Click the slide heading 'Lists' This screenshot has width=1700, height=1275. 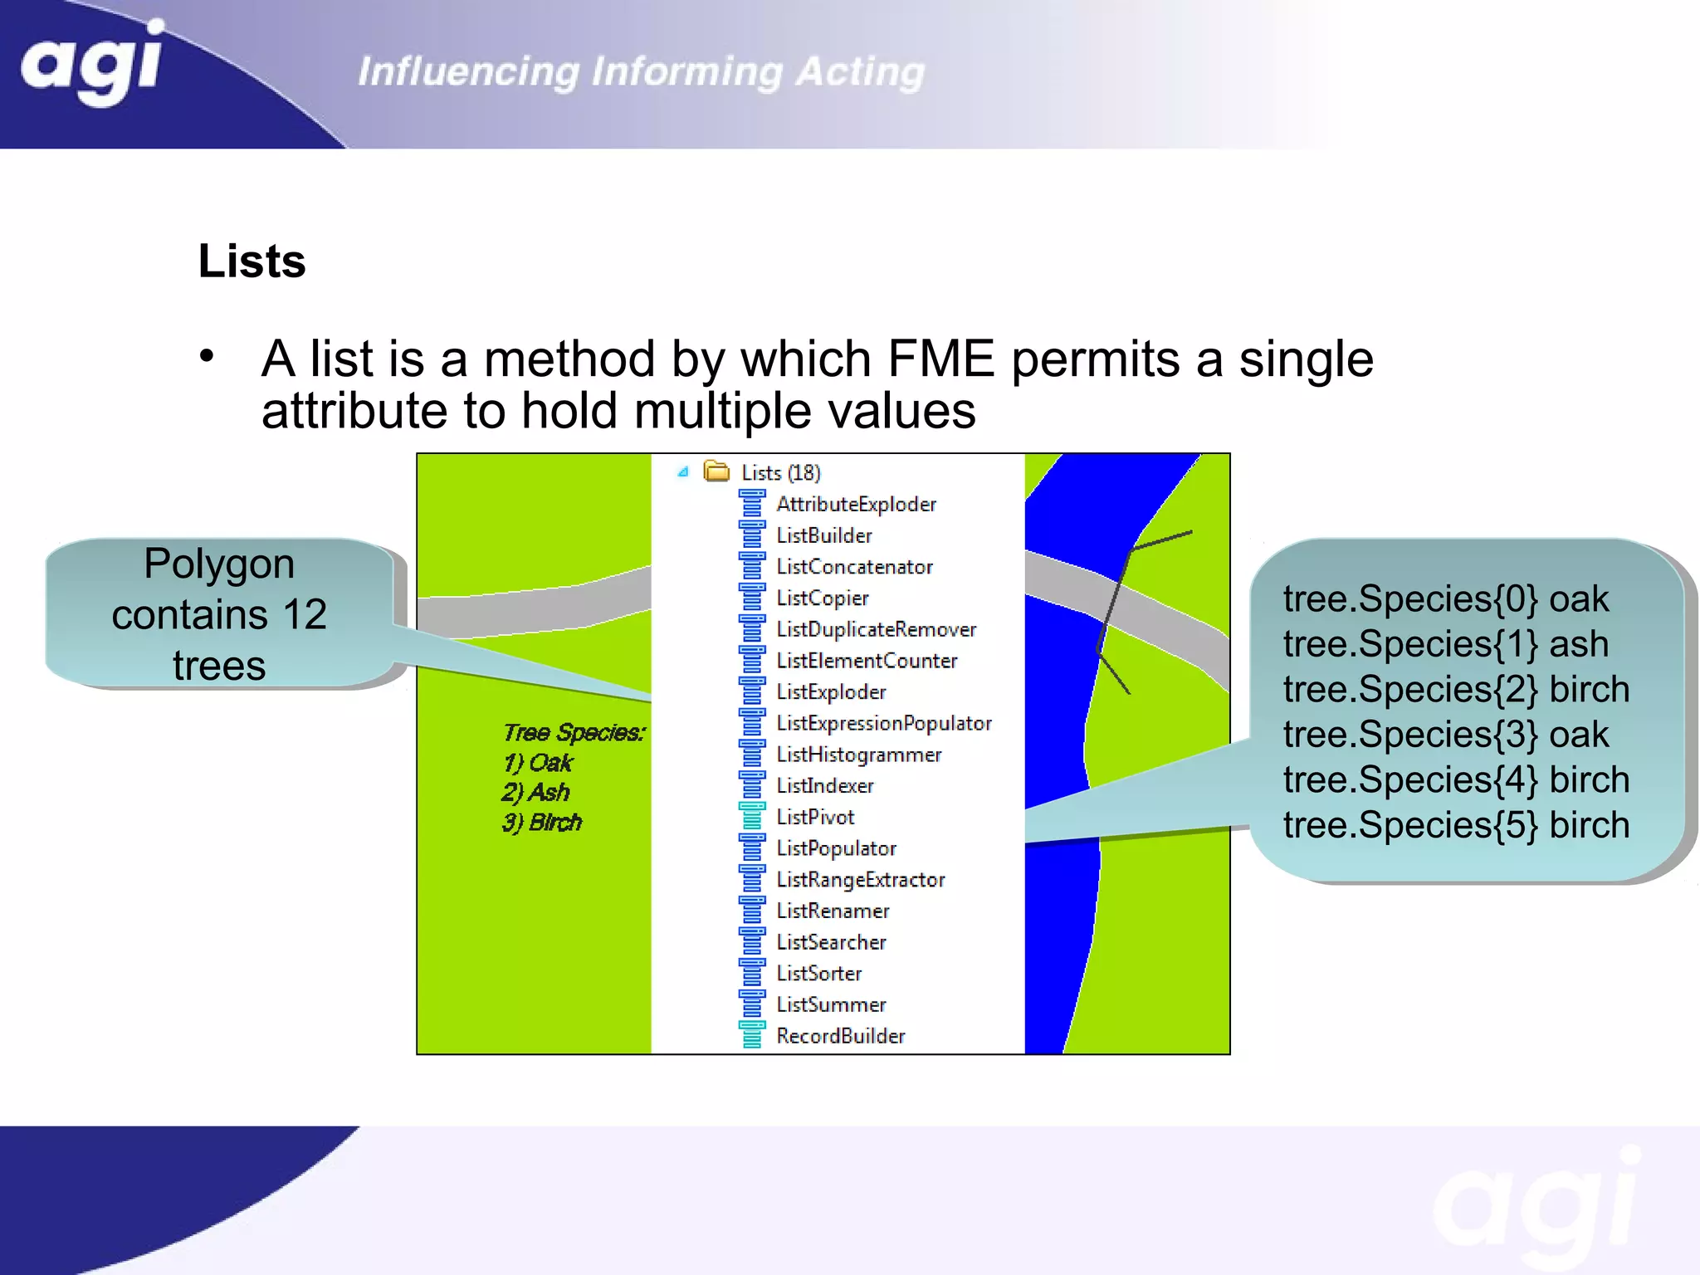click(x=252, y=261)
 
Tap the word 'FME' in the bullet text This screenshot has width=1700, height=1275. click(x=940, y=359)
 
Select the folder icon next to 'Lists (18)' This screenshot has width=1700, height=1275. click(x=716, y=471)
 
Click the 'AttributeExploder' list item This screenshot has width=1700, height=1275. click(x=855, y=504)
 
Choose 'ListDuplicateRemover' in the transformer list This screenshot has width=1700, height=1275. click(x=876, y=629)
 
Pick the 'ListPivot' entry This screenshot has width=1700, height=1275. click(x=814, y=817)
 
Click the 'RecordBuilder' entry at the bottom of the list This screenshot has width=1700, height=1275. click(x=840, y=1036)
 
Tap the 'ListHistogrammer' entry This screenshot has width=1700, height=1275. click(x=858, y=755)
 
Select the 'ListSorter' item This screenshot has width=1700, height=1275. click(x=818, y=973)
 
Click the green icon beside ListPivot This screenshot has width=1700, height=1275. click(x=752, y=817)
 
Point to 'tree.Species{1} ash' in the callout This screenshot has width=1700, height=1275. click(x=1445, y=644)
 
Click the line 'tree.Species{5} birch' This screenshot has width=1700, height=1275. click(x=1456, y=825)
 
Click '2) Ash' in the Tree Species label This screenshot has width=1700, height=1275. click(x=535, y=792)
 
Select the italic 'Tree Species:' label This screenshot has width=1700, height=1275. click(x=574, y=732)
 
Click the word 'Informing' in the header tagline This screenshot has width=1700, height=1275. click(x=686, y=71)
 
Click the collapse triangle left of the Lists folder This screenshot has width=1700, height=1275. click(x=682, y=471)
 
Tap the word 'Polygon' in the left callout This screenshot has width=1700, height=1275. click(x=219, y=564)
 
